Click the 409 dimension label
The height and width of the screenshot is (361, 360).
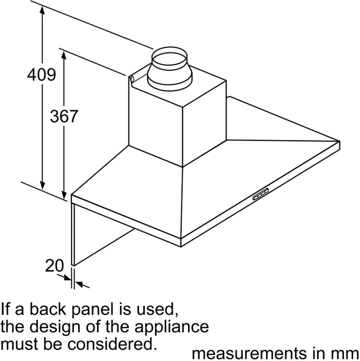(x=42, y=74)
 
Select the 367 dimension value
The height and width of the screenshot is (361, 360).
(x=64, y=116)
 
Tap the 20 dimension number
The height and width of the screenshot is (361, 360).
(x=54, y=265)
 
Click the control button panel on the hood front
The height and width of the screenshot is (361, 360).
(x=261, y=194)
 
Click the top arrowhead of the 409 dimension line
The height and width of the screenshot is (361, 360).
(x=42, y=10)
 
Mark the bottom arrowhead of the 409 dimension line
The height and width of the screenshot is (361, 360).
(x=42, y=185)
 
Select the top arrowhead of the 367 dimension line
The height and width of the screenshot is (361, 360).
(x=64, y=55)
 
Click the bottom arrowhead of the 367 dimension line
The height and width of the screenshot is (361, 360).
(x=64, y=195)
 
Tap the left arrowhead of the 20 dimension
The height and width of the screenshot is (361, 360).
(x=68, y=278)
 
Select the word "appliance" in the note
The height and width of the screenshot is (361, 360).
(x=172, y=327)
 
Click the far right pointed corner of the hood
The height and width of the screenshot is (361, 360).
(x=340, y=141)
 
